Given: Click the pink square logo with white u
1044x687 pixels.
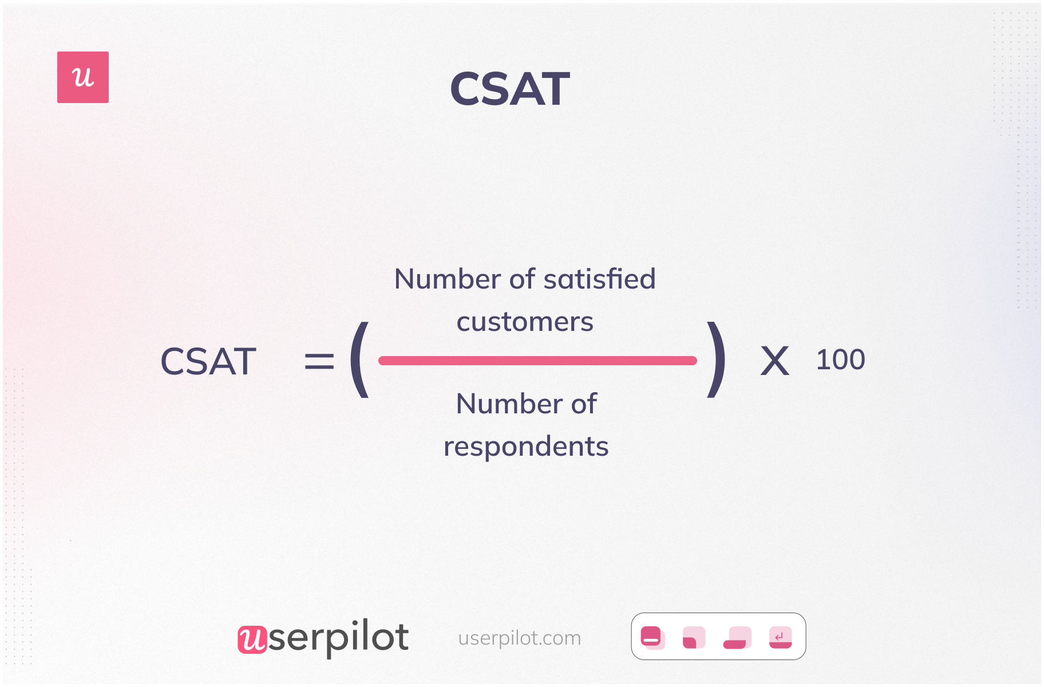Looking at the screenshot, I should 83,77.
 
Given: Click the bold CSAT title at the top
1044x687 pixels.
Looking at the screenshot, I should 509,89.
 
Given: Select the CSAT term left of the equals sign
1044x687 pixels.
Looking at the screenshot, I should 208,361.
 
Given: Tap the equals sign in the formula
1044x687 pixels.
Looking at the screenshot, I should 319,361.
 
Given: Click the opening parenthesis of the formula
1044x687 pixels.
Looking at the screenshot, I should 359,360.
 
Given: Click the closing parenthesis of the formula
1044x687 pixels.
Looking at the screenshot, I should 717,360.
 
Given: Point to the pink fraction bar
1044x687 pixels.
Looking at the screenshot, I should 537,361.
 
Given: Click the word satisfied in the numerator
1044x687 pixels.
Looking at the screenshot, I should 599,279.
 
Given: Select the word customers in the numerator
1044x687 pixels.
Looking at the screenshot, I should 525,322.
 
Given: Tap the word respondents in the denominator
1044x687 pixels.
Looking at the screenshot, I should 525,447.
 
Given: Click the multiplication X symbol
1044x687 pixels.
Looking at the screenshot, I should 774,361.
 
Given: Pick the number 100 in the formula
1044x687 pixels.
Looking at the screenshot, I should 840,360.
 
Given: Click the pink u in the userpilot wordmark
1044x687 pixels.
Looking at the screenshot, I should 252,639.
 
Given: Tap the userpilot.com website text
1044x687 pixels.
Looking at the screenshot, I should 519,638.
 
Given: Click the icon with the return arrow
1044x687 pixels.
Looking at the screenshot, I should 780,637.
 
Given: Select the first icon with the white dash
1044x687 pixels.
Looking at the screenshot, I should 652,637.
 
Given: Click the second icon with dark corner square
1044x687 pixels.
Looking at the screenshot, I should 694,637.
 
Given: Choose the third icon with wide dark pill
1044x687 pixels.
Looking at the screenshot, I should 737,637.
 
